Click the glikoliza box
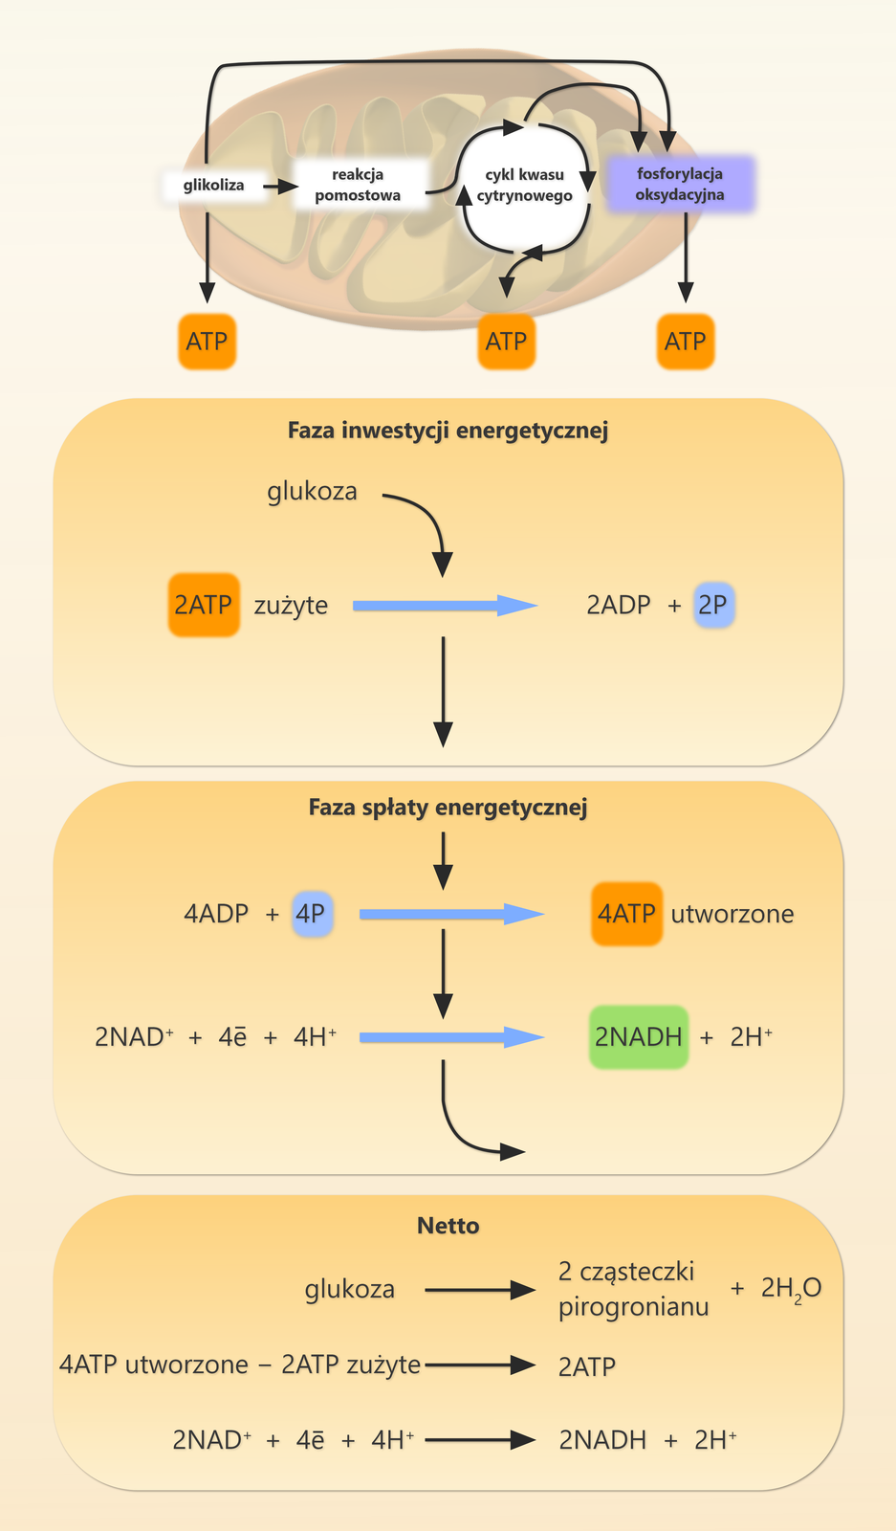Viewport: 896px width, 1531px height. click(213, 185)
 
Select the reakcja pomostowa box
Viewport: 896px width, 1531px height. click(359, 185)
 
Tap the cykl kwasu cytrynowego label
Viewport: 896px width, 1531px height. click(524, 185)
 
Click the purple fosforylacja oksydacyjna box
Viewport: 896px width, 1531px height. click(680, 184)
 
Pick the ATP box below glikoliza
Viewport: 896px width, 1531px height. click(207, 342)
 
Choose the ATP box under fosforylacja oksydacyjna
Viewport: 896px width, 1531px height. click(685, 342)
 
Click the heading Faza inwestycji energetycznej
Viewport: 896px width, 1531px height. click(448, 431)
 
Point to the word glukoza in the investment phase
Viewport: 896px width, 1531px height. click(312, 492)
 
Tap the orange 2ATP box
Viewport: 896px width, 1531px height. click(204, 605)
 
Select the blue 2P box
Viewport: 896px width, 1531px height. click(713, 605)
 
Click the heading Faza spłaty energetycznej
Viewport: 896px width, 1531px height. click(448, 808)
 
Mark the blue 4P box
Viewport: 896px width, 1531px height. click(312, 913)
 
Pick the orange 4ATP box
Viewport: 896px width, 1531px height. click(626, 914)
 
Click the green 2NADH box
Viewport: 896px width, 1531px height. click(639, 1037)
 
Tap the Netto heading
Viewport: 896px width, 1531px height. click(448, 1226)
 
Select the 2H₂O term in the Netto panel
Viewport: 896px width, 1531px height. click(791, 1289)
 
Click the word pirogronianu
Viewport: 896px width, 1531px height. click(634, 1306)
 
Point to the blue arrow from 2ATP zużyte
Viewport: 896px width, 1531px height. click(445, 606)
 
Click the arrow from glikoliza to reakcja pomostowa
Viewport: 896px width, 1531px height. click(280, 186)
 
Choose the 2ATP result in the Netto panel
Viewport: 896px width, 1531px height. click(586, 1366)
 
